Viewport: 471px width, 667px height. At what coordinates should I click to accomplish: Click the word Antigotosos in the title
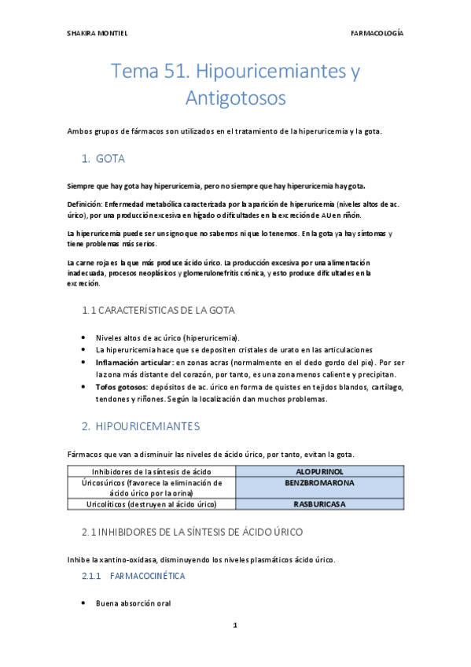tap(235, 98)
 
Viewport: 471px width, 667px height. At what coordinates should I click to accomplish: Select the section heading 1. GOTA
tap(103, 158)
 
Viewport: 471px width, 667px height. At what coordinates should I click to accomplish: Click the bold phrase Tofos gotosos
tap(120, 388)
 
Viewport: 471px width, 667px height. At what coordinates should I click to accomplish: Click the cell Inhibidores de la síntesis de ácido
tap(152, 471)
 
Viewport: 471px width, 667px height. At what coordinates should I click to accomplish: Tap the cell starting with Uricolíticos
tap(152, 504)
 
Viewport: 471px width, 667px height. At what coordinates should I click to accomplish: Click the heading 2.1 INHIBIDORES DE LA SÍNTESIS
tap(192, 532)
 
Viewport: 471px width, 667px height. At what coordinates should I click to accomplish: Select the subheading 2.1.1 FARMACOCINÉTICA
tap(134, 577)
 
